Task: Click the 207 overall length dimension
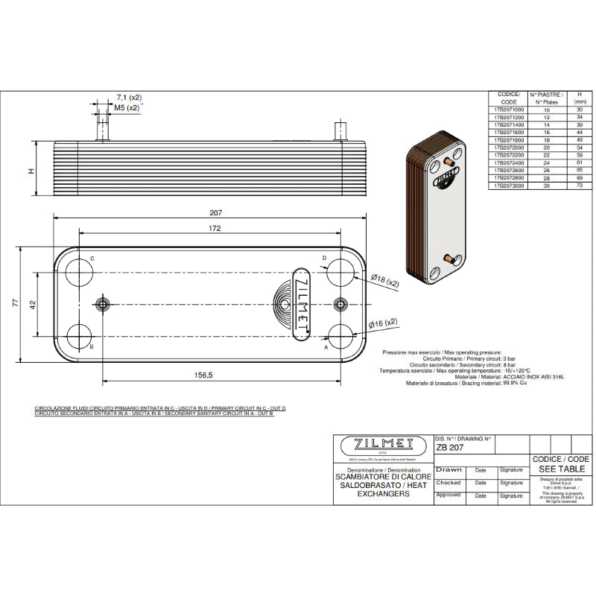216,212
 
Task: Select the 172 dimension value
215,229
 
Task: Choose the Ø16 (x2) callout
384,323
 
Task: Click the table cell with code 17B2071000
509,110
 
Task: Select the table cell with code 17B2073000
509,186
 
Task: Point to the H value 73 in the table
579,186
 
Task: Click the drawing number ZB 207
451,448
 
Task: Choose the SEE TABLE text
562,469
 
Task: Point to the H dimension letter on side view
31,171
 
